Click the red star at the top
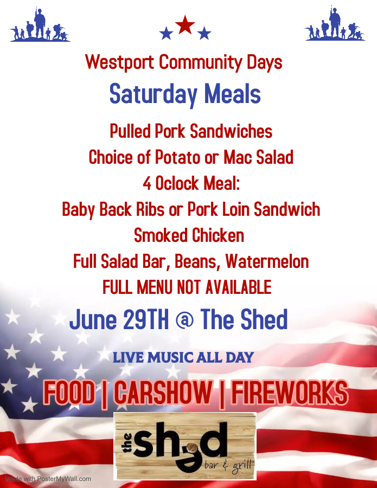185,25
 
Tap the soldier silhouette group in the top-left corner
40,24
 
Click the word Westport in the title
119,62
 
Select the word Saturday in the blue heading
154,94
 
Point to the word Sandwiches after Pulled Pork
231,131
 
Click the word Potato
177,157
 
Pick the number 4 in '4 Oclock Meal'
147,183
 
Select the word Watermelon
267,261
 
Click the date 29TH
146,319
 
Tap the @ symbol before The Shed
184,320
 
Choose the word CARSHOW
163,393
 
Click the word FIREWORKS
290,393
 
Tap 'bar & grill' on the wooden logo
228,466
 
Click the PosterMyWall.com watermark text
48,479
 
